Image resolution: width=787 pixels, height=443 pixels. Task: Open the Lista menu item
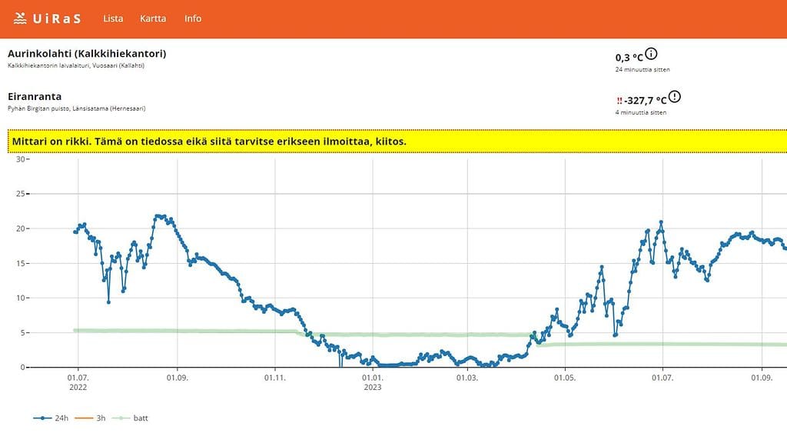(x=113, y=18)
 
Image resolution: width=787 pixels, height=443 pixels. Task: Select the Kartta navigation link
(x=153, y=18)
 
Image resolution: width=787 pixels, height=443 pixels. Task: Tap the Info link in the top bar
(x=193, y=18)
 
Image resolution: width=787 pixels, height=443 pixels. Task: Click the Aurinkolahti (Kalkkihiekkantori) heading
(x=87, y=54)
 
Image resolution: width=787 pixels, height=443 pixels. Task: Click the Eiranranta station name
(x=35, y=97)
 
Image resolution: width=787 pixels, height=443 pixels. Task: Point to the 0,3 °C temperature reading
(x=629, y=58)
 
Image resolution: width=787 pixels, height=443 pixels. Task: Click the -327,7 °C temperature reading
(x=646, y=101)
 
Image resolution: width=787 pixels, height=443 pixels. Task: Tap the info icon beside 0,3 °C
(x=652, y=54)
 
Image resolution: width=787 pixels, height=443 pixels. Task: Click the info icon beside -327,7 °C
(x=675, y=97)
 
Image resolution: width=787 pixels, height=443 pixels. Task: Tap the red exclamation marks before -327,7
(x=619, y=101)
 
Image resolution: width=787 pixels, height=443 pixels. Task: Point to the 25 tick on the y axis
(x=21, y=194)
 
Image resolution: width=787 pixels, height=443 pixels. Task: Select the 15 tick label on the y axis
(x=21, y=264)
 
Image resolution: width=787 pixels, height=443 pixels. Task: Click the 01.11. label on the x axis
(x=275, y=378)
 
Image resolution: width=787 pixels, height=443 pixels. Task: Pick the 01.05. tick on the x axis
(x=565, y=378)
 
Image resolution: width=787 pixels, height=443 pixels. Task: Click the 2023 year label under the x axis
(x=372, y=388)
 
